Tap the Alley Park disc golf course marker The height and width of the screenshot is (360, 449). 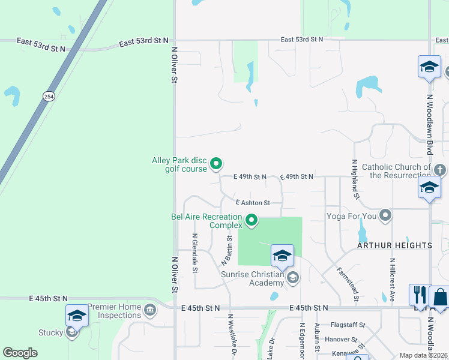(x=217, y=163)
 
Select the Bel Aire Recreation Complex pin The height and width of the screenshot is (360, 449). (x=252, y=221)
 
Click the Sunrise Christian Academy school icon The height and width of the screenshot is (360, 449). (x=292, y=277)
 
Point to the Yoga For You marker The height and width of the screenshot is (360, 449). (x=385, y=215)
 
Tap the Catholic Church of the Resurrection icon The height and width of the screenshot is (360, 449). (x=440, y=170)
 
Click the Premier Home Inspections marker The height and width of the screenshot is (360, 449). (x=150, y=310)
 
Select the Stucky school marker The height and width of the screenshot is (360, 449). (x=71, y=331)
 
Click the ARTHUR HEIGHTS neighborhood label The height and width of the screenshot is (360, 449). (x=394, y=245)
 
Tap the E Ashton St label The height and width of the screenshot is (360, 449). (x=253, y=203)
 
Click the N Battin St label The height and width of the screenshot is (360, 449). (x=228, y=251)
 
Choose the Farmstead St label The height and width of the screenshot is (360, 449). (x=348, y=284)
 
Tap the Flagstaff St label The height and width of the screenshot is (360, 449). (x=348, y=325)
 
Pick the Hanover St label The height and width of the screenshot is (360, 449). (x=345, y=339)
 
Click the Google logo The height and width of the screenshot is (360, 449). (x=20, y=353)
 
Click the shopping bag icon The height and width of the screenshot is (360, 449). (x=440, y=297)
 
